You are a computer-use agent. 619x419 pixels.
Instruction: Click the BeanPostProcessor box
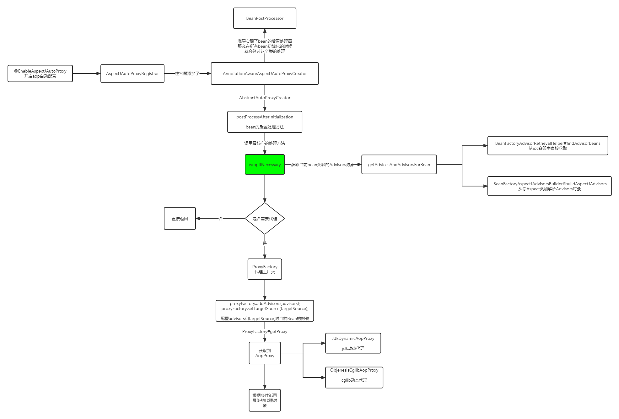tap(265, 18)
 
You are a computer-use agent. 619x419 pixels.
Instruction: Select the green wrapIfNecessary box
tap(265, 165)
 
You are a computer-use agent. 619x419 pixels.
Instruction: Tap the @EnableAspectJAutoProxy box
tap(40, 73)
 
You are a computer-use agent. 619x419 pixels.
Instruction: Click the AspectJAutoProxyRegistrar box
tap(132, 73)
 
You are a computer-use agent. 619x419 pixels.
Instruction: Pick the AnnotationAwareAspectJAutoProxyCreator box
tap(265, 73)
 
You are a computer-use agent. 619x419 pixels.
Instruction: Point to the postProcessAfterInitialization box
tap(265, 122)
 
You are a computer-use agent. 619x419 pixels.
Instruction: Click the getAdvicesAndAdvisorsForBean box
tap(399, 165)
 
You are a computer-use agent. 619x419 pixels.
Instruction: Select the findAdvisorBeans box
tap(547, 146)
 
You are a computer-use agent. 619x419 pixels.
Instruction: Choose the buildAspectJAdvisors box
tap(549, 186)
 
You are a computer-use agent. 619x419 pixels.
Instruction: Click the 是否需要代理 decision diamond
tap(265, 219)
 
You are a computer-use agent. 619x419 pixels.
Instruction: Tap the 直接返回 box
tap(180, 219)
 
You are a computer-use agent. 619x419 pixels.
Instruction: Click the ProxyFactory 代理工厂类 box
tap(265, 269)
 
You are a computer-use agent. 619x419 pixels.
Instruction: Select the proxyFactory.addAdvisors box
tap(265, 311)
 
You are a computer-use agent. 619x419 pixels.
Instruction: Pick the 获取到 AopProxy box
tap(265, 353)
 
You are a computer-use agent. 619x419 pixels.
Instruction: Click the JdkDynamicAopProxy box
tap(353, 343)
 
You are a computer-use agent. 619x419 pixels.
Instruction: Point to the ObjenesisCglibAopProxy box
tap(354, 378)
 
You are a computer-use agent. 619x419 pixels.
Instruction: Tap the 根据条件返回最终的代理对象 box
tap(265, 400)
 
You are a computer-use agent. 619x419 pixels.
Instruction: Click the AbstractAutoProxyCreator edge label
tap(265, 98)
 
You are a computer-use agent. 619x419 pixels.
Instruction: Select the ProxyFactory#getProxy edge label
tap(265, 331)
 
